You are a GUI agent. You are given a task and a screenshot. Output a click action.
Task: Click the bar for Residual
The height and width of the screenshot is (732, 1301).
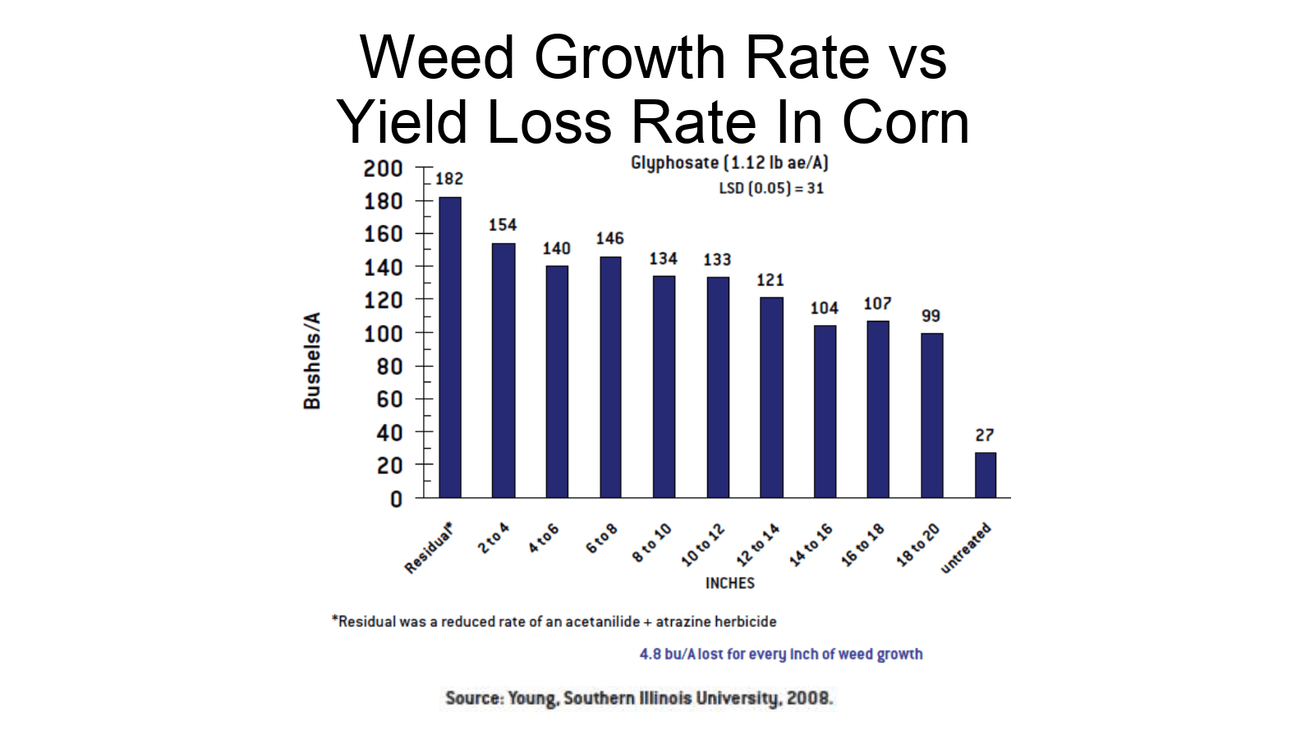(x=450, y=347)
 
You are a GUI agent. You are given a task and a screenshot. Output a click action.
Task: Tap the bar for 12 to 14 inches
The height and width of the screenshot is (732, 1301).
(x=771, y=397)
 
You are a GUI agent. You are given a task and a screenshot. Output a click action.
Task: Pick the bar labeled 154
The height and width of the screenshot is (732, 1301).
(x=503, y=370)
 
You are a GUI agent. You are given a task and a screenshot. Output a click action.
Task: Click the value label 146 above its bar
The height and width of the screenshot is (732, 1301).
(x=609, y=238)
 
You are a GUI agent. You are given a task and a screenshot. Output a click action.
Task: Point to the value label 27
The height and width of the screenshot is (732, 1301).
(x=985, y=435)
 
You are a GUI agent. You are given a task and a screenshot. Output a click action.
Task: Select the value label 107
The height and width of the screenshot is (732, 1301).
(x=877, y=304)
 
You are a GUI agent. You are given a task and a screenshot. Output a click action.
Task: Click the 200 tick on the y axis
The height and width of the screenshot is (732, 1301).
(x=383, y=168)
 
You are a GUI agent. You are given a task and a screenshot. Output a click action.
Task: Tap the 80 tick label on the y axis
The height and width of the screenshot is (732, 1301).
(x=389, y=366)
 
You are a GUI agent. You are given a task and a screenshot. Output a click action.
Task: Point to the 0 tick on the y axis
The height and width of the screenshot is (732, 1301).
(x=396, y=499)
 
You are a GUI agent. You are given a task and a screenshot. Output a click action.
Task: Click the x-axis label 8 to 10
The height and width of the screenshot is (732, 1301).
(x=651, y=543)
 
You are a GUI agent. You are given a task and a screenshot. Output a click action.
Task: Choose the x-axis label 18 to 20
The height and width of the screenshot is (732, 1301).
(x=917, y=545)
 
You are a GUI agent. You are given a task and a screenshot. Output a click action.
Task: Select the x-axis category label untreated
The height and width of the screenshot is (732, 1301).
(x=966, y=547)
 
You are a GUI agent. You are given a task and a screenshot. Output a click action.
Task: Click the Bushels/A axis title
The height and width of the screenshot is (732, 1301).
(x=312, y=360)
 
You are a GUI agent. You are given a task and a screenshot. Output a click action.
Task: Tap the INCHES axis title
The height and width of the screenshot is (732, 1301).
(x=729, y=583)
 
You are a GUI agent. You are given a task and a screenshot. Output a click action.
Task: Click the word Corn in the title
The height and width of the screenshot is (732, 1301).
(x=906, y=121)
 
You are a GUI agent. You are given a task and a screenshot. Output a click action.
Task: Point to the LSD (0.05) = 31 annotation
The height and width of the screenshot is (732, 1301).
(x=771, y=188)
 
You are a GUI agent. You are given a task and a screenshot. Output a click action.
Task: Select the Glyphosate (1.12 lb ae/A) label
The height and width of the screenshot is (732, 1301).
(x=729, y=162)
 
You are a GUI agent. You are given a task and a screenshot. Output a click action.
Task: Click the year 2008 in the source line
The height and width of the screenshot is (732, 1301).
(x=808, y=698)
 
